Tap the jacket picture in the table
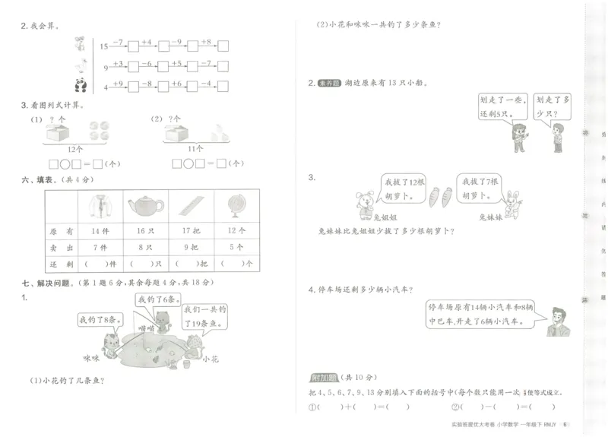100,206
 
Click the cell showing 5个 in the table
235,247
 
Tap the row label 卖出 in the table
60,247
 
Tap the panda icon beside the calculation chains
81,85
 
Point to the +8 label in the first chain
206,42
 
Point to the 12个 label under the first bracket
74,147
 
